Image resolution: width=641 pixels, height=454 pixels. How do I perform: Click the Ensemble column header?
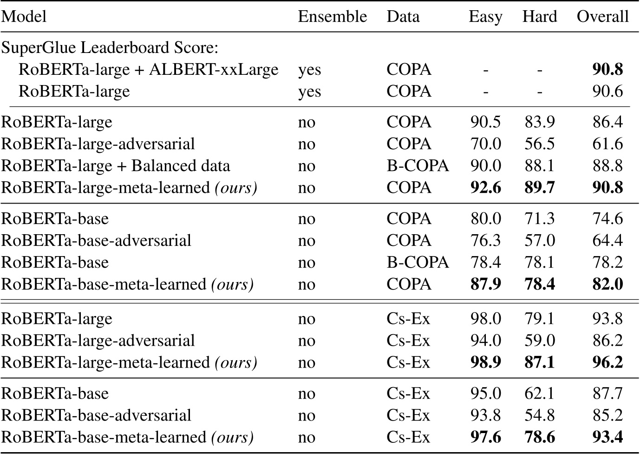pyautogui.click(x=332, y=17)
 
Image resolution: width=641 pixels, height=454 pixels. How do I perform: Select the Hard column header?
pyautogui.click(x=539, y=17)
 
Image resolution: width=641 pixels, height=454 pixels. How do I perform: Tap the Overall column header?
pyautogui.click(x=602, y=17)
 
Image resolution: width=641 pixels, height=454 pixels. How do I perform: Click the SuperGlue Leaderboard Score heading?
pyautogui.click(x=110, y=48)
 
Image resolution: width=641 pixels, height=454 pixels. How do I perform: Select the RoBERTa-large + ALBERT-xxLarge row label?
pyautogui.click(x=148, y=70)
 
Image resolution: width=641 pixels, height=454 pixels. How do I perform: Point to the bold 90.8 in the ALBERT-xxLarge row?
pyautogui.click(x=607, y=70)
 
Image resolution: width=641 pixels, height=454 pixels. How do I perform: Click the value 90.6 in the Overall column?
pyautogui.click(x=607, y=92)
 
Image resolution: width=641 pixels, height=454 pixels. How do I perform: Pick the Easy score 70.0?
pyautogui.click(x=485, y=144)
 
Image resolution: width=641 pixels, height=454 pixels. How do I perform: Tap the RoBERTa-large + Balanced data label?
pyautogui.click(x=116, y=166)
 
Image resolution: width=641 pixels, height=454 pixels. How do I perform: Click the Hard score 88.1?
pyautogui.click(x=539, y=166)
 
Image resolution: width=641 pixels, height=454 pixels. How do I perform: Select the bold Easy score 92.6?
pyautogui.click(x=485, y=188)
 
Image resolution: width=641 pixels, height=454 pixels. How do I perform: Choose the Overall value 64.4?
pyautogui.click(x=607, y=241)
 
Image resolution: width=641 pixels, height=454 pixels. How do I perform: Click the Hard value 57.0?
pyautogui.click(x=539, y=241)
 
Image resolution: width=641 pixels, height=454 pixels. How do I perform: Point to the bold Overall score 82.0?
pyautogui.click(x=607, y=284)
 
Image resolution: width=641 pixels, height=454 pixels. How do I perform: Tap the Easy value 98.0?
pyautogui.click(x=485, y=319)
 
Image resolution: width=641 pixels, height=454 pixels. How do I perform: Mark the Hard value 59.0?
pyautogui.click(x=539, y=341)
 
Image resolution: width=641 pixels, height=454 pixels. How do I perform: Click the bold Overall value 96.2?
pyautogui.click(x=607, y=362)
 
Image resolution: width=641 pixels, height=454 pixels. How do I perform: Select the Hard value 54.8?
pyautogui.click(x=539, y=415)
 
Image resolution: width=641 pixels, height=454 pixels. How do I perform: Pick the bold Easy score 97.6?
pyautogui.click(x=485, y=437)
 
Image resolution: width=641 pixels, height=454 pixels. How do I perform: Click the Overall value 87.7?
pyautogui.click(x=607, y=394)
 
